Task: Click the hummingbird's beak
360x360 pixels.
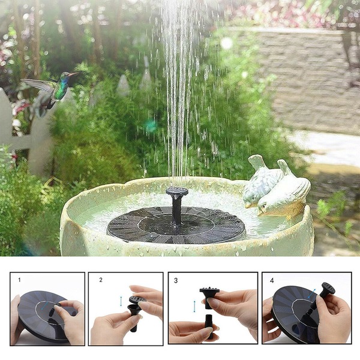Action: [74, 74]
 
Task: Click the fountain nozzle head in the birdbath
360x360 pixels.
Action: [177, 191]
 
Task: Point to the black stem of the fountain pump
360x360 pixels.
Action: [176, 210]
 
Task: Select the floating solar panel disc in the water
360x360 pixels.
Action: [176, 224]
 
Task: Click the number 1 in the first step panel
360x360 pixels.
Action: [20, 280]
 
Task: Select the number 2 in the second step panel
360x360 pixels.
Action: [101, 280]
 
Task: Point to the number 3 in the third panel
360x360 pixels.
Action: [176, 281]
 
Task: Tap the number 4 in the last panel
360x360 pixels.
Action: [272, 281]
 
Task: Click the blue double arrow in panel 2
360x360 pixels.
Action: [121, 301]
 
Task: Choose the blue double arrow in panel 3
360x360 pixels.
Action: [194, 306]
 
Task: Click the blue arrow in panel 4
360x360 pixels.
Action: [312, 293]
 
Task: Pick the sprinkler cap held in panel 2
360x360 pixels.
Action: [137, 299]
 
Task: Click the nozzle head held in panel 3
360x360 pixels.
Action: [209, 296]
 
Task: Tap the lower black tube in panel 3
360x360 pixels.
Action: [209, 326]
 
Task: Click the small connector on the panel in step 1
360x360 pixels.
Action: [52, 312]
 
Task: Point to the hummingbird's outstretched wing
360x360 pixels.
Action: [38, 85]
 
